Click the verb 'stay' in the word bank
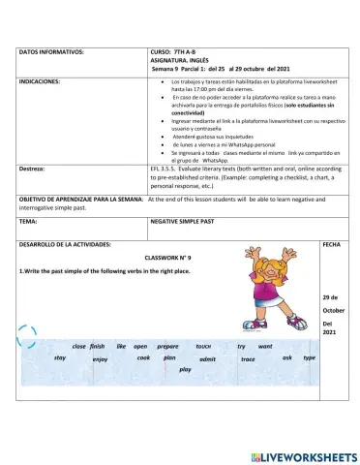60,357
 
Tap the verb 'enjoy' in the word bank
100,359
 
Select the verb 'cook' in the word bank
143,357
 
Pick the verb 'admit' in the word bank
207,358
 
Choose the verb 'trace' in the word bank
248,358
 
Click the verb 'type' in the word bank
310,357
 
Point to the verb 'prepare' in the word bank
167,346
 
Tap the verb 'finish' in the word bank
97,346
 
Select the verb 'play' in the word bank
185,369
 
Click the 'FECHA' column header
331,245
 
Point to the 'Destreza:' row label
36,168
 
